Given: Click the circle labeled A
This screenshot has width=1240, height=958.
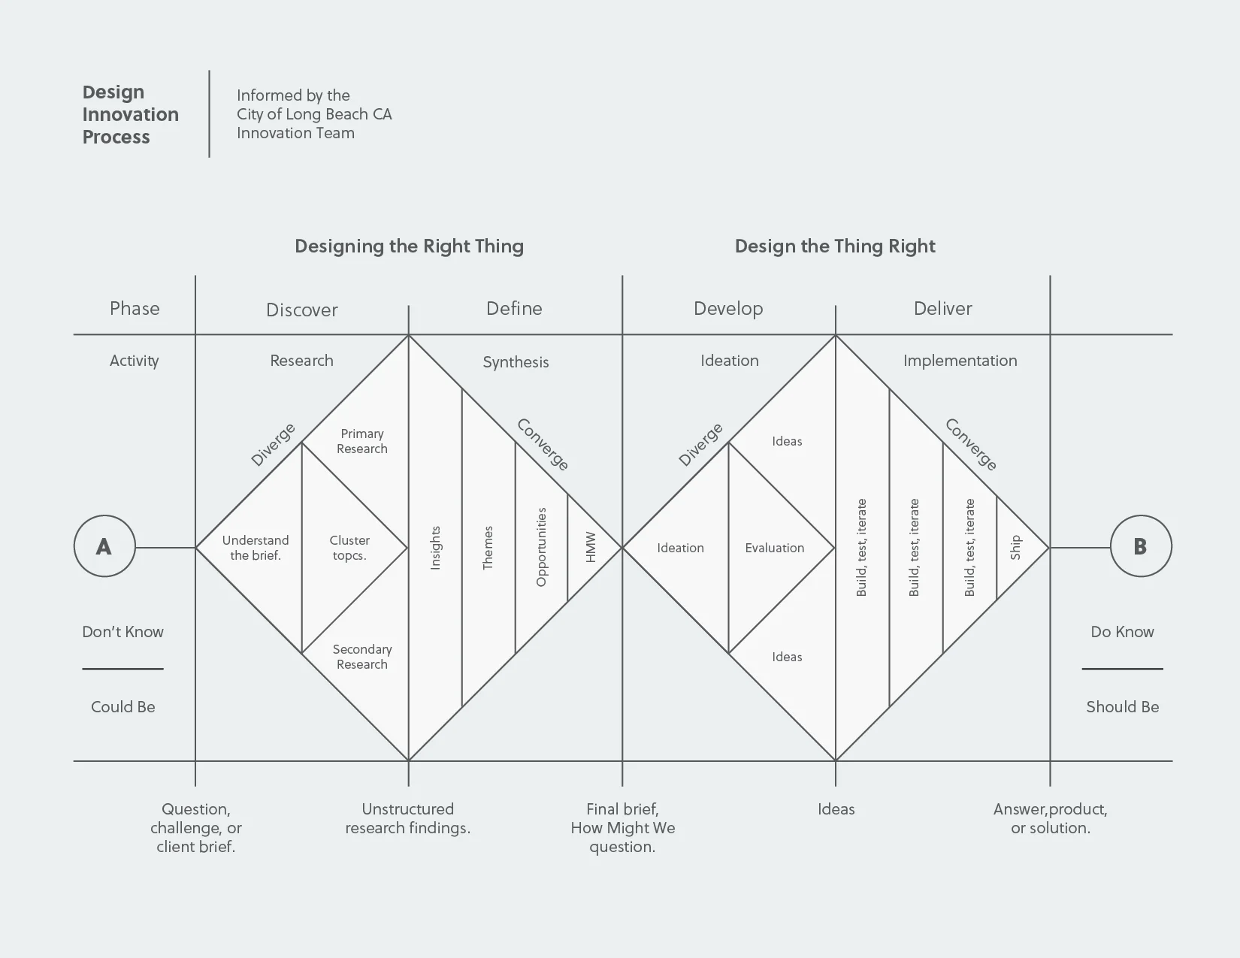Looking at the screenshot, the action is (x=104, y=546).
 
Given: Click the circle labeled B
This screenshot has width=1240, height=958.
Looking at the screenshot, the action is (x=1140, y=546).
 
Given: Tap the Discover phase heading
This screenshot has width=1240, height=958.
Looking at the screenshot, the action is (x=302, y=310).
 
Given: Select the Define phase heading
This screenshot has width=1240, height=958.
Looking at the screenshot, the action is (x=514, y=308).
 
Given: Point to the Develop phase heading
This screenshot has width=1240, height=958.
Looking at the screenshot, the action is (x=728, y=308).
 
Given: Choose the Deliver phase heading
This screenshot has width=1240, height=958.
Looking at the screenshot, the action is (x=942, y=308).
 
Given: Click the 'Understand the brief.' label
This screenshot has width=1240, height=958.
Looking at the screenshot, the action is (x=256, y=548).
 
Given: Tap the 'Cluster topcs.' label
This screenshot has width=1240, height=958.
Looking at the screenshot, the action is (x=349, y=548).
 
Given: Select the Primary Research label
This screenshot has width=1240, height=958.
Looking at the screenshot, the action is (x=362, y=441).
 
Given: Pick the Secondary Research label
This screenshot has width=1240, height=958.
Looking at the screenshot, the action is (x=362, y=657).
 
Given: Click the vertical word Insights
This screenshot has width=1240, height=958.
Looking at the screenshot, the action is (x=436, y=548).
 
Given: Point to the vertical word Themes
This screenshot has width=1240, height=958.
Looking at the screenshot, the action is (x=488, y=548).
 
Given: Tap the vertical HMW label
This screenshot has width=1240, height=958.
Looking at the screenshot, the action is (x=591, y=548).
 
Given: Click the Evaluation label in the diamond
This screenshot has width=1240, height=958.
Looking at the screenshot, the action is (x=775, y=548).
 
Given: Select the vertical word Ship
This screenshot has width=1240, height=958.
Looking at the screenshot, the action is (x=1016, y=547).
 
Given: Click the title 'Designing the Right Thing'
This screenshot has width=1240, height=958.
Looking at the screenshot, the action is (x=409, y=246).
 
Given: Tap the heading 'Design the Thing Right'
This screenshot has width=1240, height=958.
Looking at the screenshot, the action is (x=835, y=246).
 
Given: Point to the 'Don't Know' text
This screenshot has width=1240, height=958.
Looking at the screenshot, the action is (x=122, y=632).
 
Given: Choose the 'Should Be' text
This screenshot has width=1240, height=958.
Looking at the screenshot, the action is (x=1122, y=706).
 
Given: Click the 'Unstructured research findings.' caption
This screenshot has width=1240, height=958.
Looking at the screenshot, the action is (x=408, y=818).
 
